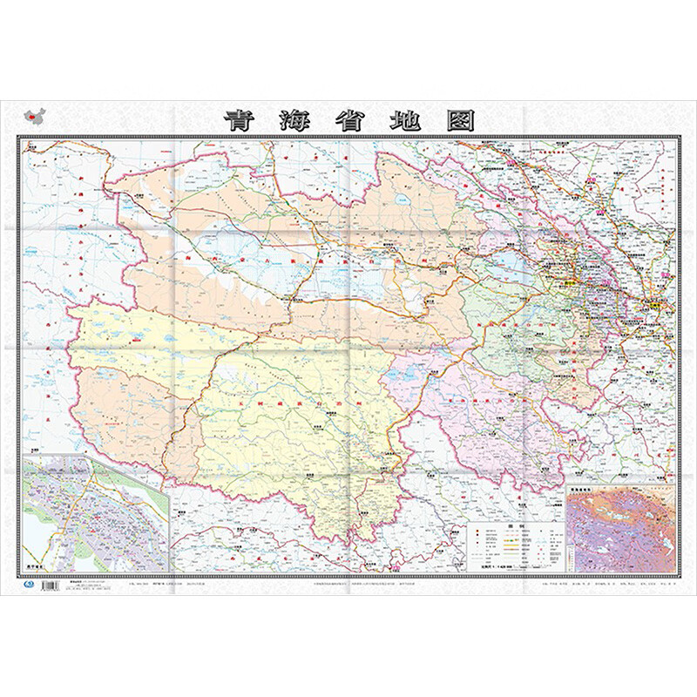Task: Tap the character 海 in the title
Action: tap(294, 121)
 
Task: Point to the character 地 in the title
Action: tap(405, 121)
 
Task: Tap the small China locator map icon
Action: tap(36, 115)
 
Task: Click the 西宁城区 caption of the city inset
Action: tap(38, 562)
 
